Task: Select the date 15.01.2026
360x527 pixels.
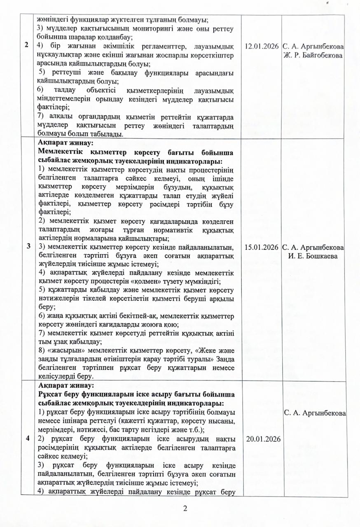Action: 261,247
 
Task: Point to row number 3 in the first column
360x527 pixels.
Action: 28,246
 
